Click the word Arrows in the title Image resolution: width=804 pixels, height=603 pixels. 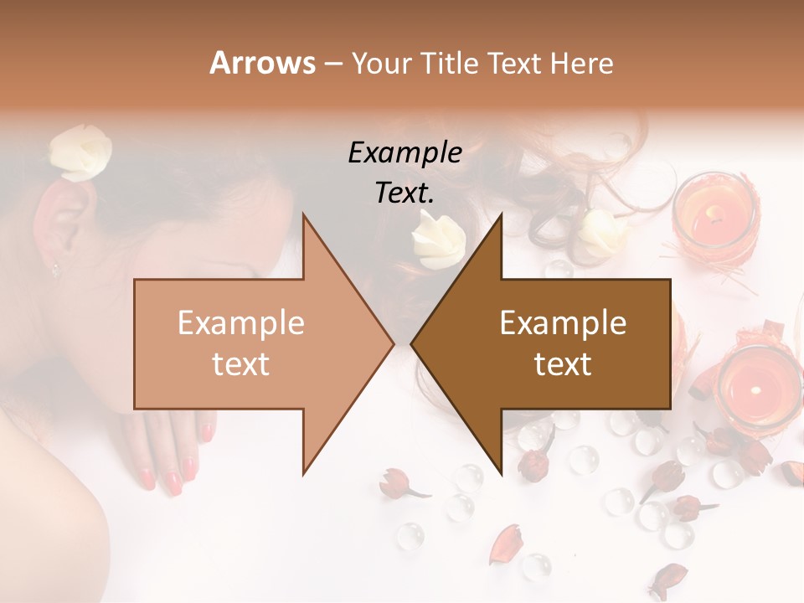tap(262, 63)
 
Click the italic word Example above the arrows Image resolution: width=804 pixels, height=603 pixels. tap(405, 153)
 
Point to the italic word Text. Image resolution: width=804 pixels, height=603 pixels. tap(405, 193)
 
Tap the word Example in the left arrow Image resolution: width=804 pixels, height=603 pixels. tap(240, 323)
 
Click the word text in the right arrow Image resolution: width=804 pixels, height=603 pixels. tap(563, 363)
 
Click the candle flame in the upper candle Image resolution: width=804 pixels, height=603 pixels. tap(713, 213)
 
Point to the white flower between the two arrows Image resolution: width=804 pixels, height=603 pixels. tap(436, 237)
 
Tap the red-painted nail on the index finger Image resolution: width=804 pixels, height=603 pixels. tap(174, 482)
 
